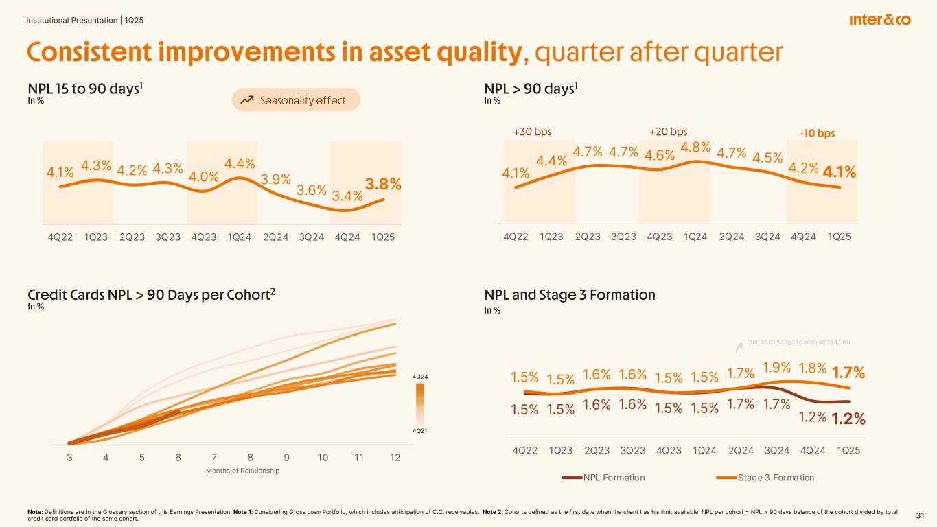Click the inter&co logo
879,20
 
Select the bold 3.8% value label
383,184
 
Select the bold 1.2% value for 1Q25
848,419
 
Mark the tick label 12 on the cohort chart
395,457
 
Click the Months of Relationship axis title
243,471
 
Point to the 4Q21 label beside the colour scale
419,430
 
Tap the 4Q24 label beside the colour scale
419,377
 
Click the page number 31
921,515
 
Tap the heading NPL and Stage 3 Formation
570,295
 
